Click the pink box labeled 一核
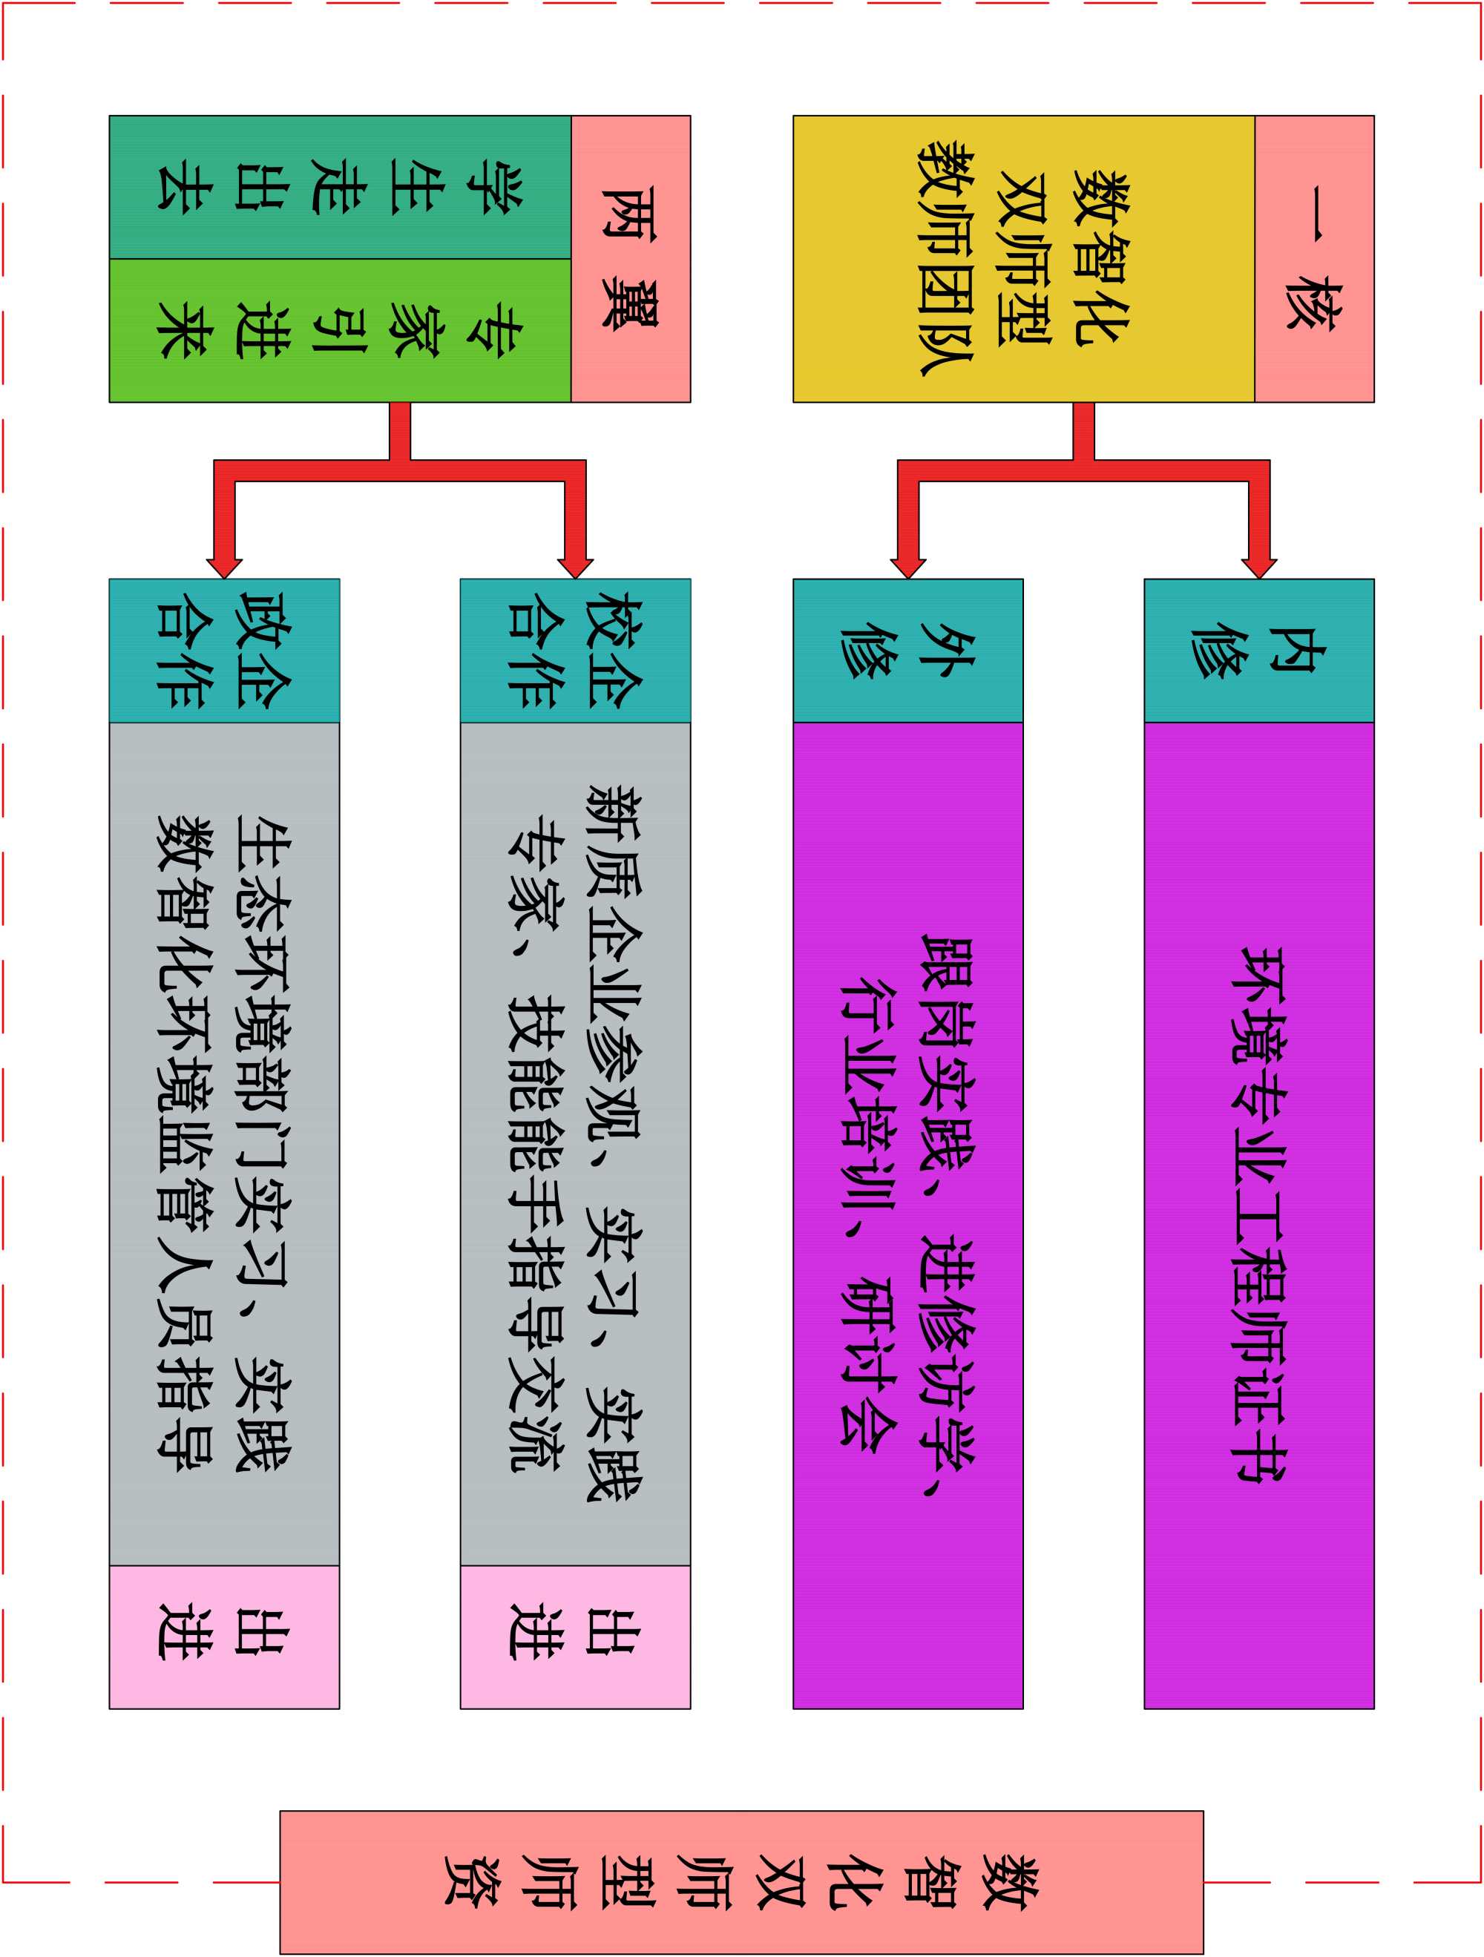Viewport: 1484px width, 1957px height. pos(1313,258)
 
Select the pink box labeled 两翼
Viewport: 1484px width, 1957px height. pos(630,258)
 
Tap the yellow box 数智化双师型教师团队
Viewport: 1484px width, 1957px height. pos(1023,258)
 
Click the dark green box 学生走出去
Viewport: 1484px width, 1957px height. pos(340,187)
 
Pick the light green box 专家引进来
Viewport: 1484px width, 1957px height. pos(340,330)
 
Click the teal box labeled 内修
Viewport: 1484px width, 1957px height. pos(1258,651)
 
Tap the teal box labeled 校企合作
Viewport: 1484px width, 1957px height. pos(574,651)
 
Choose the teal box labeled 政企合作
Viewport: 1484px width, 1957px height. pos(224,651)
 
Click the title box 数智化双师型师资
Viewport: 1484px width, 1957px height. pos(741,1882)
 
